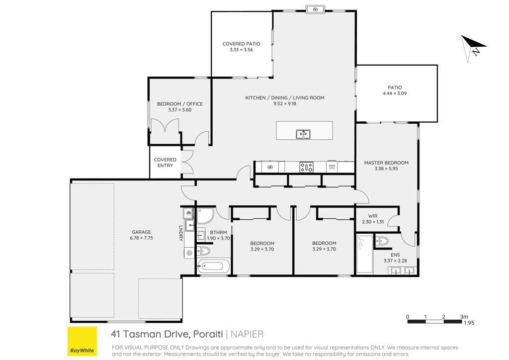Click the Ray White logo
pos(82,341)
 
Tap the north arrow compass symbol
pos(473,48)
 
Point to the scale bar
pos(434,321)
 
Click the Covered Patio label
pos(241,43)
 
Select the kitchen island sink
pos(303,134)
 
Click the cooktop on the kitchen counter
pos(306,168)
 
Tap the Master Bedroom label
pos(386,163)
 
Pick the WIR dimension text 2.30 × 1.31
pos(373,222)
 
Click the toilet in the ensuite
pos(382,241)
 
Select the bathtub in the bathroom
pos(213,267)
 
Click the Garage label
pos(141,232)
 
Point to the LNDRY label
pos(181,233)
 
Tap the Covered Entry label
pos(165,162)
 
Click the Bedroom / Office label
pos(180,104)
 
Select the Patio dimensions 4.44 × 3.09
pos(395,93)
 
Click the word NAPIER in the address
pos(247,334)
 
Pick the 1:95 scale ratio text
pos(469,323)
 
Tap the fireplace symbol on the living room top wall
pos(315,9)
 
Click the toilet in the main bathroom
pos(203,251)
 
